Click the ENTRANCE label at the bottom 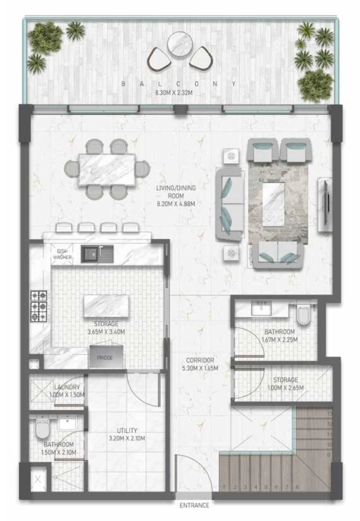click(x=194, y=505)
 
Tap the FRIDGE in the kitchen click(x=107, y=357)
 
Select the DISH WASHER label click(x=62, y=254)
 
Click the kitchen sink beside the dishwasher click(x=97, y=254)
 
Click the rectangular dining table click(x=107, y=169)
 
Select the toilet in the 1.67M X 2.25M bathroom click(x=304, y=314)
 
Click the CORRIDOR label click(x=200, y=360)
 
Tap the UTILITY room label click(x=127, y=431)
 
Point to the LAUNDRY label click(x=67, y=387)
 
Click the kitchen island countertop click(x=106, y=306)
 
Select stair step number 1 click(x=225, y=487)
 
